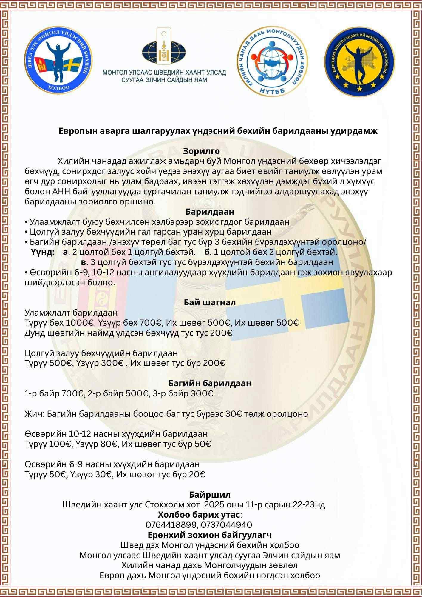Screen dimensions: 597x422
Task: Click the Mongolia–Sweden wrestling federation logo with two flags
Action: [x=58, y=60]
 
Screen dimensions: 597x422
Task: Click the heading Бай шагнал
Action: [x=210, y=302]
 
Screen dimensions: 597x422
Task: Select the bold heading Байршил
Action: [x=210, y=495]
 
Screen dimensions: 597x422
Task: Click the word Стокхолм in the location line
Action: [x=163, y=505]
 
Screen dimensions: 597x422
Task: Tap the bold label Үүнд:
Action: [x=42, y=253]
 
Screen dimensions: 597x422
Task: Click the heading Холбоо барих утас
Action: [x=199, y=515]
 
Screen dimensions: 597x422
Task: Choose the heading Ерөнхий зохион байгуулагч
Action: [x=209, y=535]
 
